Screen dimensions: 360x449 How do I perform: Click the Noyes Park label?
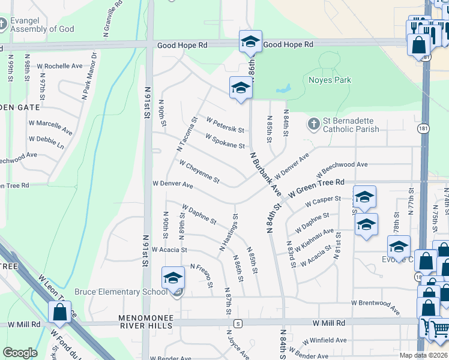330,80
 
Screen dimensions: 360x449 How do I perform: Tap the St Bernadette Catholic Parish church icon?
313,124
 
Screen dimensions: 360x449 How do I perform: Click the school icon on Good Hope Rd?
250,42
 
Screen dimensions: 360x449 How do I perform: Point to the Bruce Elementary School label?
121,292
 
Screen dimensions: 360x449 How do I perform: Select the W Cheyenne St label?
199,172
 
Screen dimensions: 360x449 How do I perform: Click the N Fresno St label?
202,275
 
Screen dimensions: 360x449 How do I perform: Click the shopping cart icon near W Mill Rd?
438,329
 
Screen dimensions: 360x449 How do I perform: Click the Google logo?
20,353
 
